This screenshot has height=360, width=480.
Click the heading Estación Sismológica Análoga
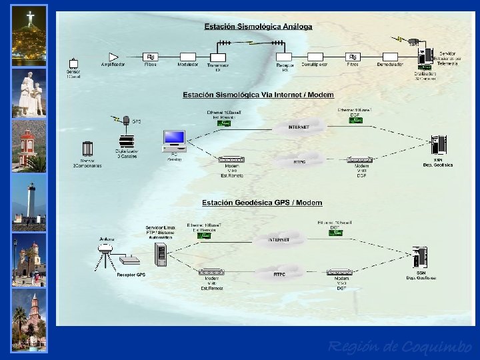[x=257, y=27]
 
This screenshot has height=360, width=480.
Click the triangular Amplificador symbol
[x=113, y=56]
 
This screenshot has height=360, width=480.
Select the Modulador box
[x=187, y=57]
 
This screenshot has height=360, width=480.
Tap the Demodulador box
[x=389, y=57]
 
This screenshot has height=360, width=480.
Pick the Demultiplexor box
[x=314, y=57]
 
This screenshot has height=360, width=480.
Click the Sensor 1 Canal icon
[x=73, y=64]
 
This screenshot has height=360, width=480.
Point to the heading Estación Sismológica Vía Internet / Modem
[x=258, y=95]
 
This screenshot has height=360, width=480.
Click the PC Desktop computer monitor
[x=175, y=139]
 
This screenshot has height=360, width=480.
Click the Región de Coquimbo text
[x=399, y=347]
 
